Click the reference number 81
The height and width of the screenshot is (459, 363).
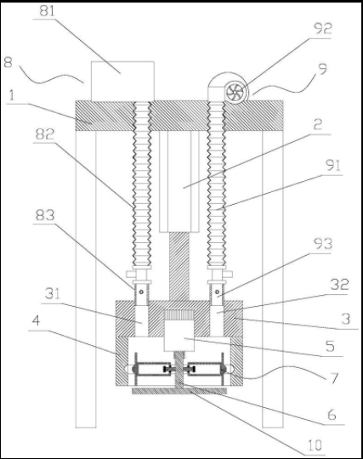click(x=47, y=11)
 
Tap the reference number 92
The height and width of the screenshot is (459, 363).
click(x=323, y=28)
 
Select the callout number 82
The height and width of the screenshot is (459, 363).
click(x=45, y=134)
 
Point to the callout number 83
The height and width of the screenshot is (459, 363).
click(x=45, y=215)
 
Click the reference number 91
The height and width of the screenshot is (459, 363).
click(x=333, y=166)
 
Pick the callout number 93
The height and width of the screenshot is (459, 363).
click(x=323, y=244)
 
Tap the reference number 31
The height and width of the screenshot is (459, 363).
click(x=53, y=293)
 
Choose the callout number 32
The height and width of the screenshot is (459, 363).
click(x=339, y=284)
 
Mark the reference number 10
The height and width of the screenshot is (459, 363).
click(x=315, y=445)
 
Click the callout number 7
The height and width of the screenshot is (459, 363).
click(x=335, y=378)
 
